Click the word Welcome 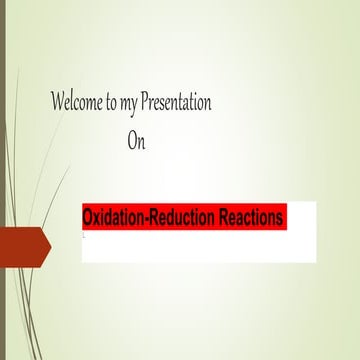(x=77, y=103)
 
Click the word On (x=136, y=141)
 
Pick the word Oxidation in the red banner (x=114, y=218)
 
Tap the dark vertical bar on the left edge (x=3, y=180)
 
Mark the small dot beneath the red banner (x=84, y=237)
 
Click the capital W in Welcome (x=59, y=103)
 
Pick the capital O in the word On (x=132, y=141)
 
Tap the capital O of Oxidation (x=88, y=218)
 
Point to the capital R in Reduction (x=155, y=218)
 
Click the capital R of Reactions (x=218, y=218)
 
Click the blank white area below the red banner (x=200, y=250)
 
